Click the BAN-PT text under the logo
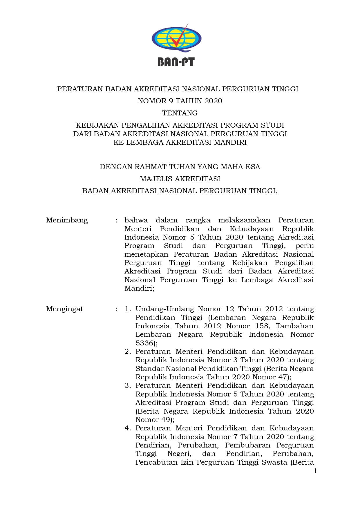176,61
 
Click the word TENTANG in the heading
180,113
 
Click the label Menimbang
67,220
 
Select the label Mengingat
65,309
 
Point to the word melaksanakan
245,220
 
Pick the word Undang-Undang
164,309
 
